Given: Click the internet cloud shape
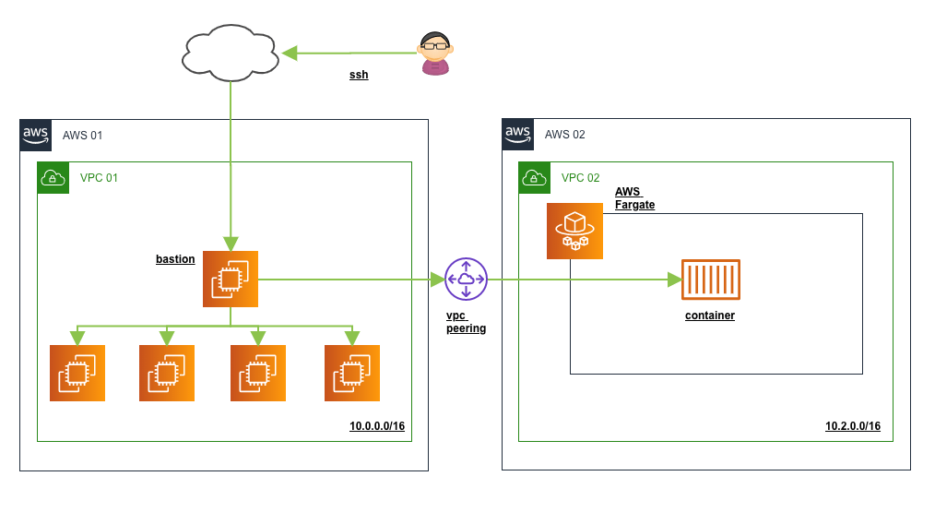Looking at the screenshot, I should click(230, 54).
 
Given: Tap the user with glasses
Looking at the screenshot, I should click(434, 54).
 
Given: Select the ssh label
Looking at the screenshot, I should click(359, 75).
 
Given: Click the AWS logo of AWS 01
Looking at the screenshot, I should click(35, 135).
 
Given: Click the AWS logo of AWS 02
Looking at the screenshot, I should click(517, 135).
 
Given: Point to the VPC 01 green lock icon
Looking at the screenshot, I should click(53, 178).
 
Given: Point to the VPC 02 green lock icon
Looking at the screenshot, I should click(535, 178).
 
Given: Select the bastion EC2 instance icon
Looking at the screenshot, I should click(231, 279).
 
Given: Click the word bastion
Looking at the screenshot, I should click(175, 259).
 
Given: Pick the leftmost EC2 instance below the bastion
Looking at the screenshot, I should click(77, 373).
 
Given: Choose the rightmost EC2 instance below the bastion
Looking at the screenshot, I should click(352, 373).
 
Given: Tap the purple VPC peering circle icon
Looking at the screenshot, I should click(466, 279).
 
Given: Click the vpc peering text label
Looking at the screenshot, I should click(466, 322).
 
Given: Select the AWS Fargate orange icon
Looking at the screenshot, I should click(574, 232).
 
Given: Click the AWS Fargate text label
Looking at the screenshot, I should click(634, 198).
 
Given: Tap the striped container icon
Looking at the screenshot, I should click(710, 280).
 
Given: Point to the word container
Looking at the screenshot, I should click(710, 316).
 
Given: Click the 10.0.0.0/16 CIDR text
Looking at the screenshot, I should click(377, 426).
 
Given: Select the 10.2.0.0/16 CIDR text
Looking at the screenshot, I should click(853, 426).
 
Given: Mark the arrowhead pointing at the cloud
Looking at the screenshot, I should click(290, 54).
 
